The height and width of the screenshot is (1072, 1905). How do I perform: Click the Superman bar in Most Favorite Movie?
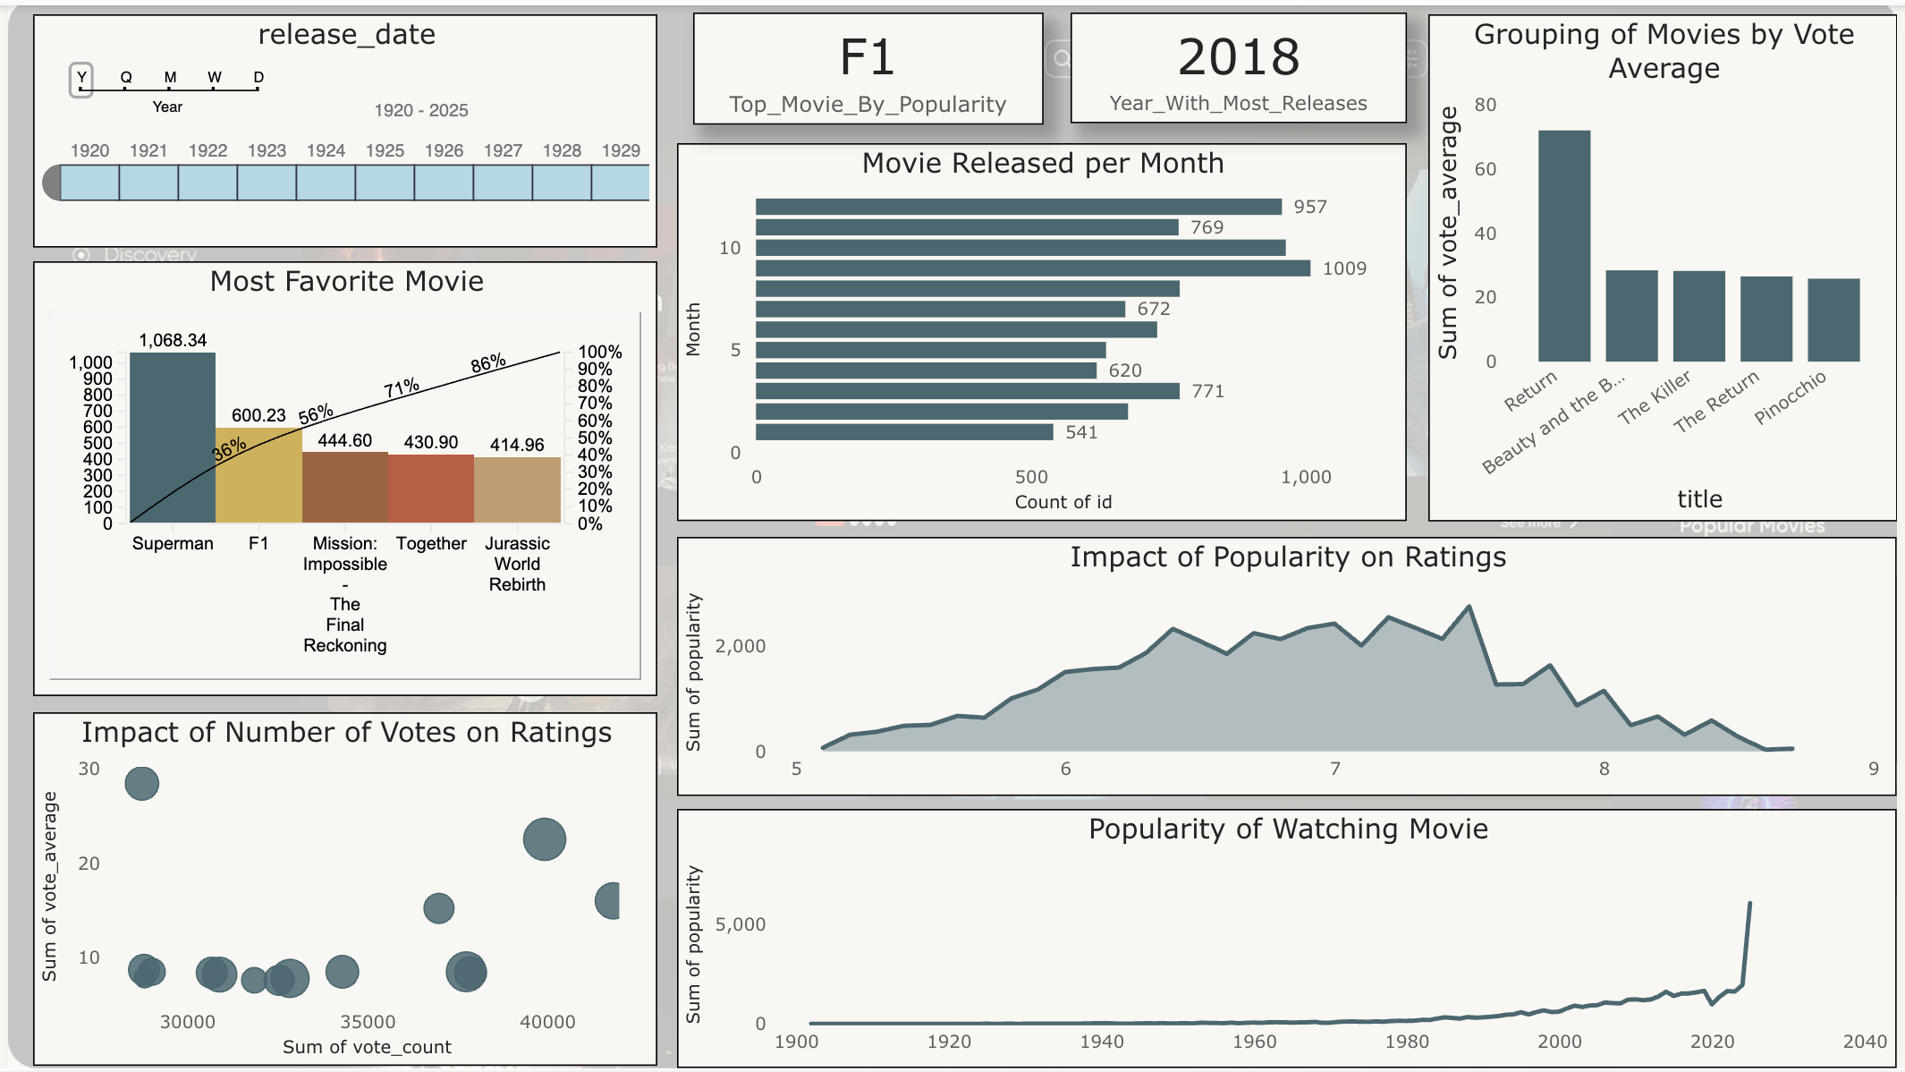(173, 438)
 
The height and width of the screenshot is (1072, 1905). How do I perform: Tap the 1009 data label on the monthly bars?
(1344, 268)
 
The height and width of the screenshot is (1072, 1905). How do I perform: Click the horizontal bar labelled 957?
(1018, 207)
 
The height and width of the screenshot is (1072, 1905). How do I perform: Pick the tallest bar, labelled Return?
(1564, 246)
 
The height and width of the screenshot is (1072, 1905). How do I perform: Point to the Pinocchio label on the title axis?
(1790, 397)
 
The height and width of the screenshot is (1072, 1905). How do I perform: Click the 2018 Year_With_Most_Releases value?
(1238, 57)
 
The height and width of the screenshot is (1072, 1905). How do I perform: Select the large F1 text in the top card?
(867, 58)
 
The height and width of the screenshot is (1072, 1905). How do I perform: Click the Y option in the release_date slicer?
(81, 78)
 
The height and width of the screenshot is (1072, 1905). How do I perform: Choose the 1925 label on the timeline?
(385, 150)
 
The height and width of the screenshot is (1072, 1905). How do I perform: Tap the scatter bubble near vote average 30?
(141, 784)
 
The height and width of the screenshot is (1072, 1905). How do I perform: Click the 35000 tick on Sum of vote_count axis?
(368, 1022)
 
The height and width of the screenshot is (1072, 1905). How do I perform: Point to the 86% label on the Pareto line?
(488, 363)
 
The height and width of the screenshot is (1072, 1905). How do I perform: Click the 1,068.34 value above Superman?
(173, 340)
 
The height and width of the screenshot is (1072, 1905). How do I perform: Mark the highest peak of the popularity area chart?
(1469, 608)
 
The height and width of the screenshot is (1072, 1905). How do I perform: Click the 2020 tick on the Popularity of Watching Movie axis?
(1712, 1042)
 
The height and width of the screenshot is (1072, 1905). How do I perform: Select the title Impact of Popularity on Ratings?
(1288, 557)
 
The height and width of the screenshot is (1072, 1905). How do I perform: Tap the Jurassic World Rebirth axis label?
(517, 564)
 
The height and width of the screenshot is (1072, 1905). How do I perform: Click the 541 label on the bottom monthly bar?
(1081, 432)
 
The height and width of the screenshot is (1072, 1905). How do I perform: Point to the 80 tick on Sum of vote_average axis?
(1486, 105)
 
